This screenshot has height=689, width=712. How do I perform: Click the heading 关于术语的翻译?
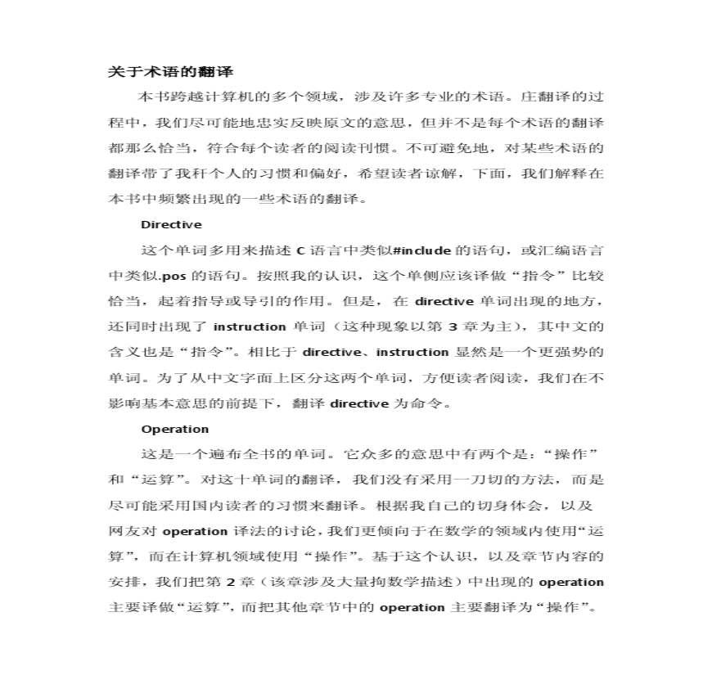pos(171,72)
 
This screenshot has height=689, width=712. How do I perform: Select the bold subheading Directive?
pos(171,224)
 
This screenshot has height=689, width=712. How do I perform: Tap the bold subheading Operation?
pos(174,429)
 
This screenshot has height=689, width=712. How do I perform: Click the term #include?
pos(421,250)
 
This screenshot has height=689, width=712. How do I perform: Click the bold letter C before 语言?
pos(300,250)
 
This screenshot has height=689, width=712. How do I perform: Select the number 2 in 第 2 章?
pos(231,582)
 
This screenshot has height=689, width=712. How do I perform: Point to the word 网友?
pos(122,531)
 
